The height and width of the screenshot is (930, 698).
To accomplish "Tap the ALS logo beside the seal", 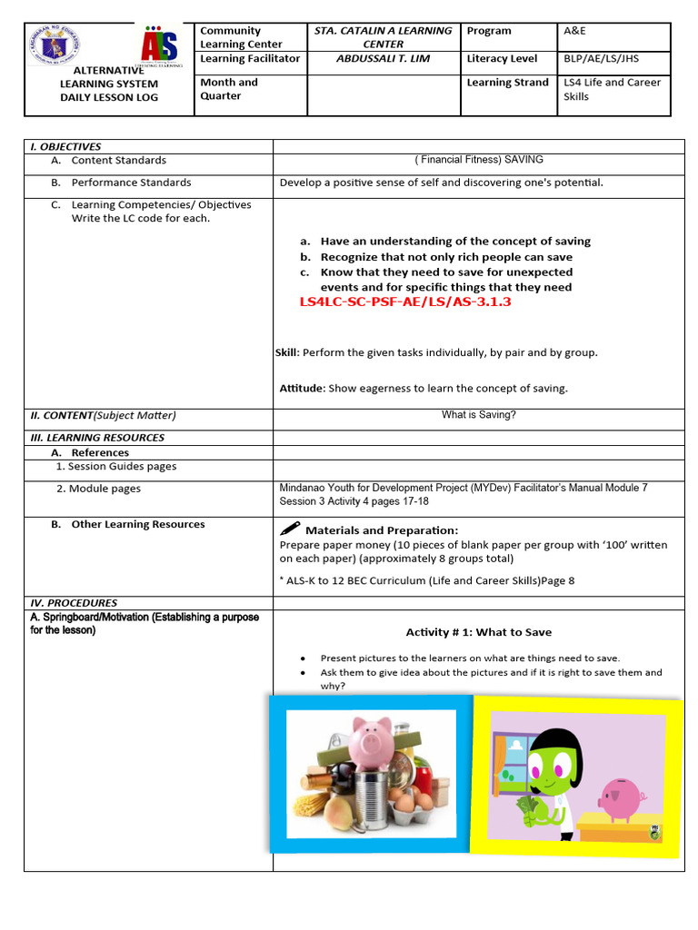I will point(160,45).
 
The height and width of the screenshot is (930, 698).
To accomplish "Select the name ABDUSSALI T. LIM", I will point(383,58).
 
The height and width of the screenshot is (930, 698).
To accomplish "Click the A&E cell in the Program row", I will point(575,31).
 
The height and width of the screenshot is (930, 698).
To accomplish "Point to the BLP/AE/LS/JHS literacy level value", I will point(604,58).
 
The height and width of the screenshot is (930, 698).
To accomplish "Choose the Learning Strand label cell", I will point(507,83).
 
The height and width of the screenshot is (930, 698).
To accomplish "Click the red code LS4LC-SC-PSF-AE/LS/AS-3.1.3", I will point(405,302).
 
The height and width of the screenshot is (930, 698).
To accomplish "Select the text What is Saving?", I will point(478,415).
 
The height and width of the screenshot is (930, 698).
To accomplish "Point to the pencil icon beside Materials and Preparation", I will point(291,529).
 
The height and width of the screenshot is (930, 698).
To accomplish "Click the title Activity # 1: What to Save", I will point(478,632).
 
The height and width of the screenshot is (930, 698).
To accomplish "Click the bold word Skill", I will point(286,352).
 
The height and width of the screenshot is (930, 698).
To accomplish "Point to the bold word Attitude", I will point(302,388).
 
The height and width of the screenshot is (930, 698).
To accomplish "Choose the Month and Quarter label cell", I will point(229,89).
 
